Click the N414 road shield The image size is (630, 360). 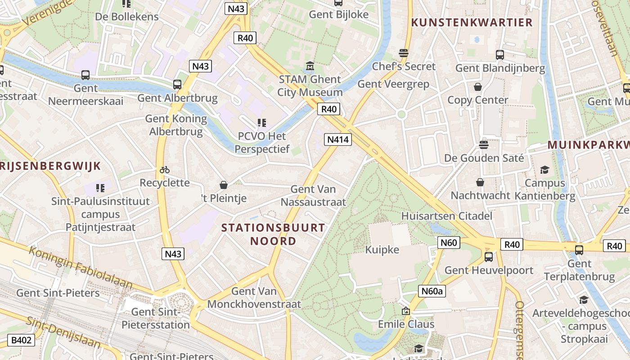[x=338, y=139]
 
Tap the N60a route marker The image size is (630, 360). [x=432, y=291]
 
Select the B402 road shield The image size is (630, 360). [x=22, y=340]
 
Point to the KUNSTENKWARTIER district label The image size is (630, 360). [x=472, y=22]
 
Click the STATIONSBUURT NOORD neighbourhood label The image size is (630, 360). [x=273, y=234]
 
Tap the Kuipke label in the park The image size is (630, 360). [x=382, y=249]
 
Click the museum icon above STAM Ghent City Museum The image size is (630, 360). [x=310, y=67]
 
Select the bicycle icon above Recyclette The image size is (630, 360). [x=165, y=170]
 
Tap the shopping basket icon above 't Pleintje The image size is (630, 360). [x=223, y=184]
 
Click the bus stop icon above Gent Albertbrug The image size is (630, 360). [x=177, y=84]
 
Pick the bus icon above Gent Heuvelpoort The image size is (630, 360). [x=488, y=257]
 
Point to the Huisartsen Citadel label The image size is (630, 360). [x=447, y=216]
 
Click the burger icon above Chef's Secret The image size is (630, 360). [x=404, y=53]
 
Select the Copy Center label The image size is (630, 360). [x=477, y=100]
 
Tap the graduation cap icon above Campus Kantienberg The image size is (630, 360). [x=544, y=170]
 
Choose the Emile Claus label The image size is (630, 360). [x=406, y=324]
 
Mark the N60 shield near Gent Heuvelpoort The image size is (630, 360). [x=448, y=243]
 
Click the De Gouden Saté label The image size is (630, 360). [x=484, y=158]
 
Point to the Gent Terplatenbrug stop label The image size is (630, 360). [x=579, y=270]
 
